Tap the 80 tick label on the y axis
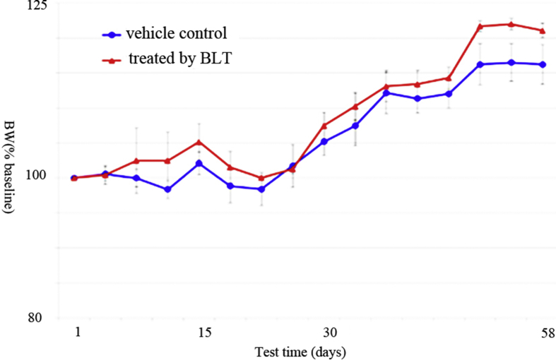click(x=37, y=317)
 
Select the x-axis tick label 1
click(x=74, y=332)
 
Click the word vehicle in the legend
click(x=148, y=34)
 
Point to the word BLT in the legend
click(x=215, y=59)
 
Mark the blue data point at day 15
click(x=199, y=163)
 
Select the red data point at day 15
click(x=199, y=142)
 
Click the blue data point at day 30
click(x=324, y=141)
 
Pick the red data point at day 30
click(x=324, y=126)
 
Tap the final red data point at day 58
click(x=543, y=30)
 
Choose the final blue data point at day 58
click(x=543, y=64)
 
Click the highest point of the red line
click(x=511, y=24)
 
